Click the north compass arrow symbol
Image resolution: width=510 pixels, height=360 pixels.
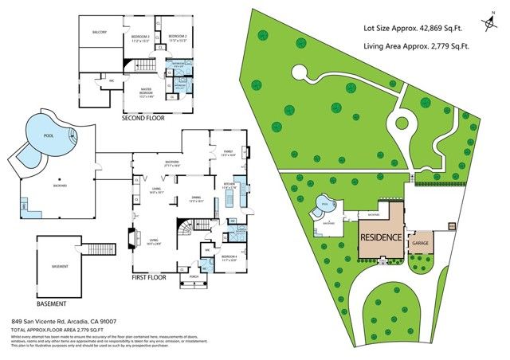[x=488, y=24]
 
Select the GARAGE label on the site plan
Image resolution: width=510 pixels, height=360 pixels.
[x=420, y=241]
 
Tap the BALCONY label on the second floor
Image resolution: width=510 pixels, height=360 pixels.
[x=100, y=33]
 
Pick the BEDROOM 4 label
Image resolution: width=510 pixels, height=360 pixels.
[x=229, y=256]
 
